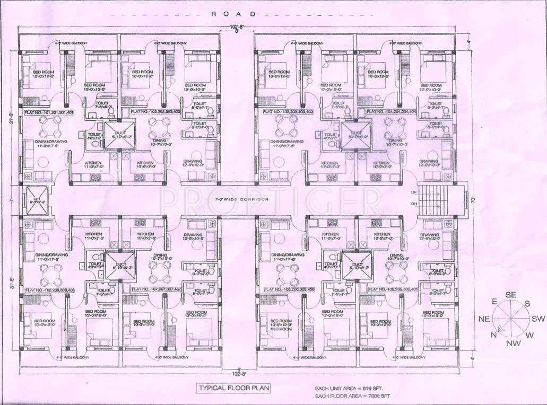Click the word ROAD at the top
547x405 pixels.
click(x=233, y=14)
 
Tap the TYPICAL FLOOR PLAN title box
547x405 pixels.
click(x=233, y=388)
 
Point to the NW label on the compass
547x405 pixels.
click(x=513, y=344)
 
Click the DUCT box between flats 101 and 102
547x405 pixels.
click(x=119, y=134)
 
